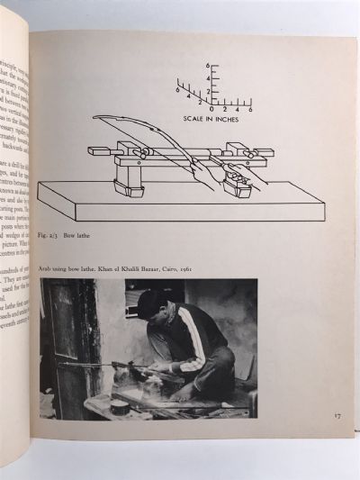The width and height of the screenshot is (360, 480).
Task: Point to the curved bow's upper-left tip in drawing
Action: click(95, 118)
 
